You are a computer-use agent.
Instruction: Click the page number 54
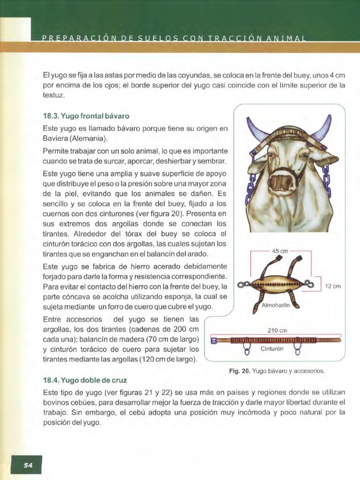pos(28,465)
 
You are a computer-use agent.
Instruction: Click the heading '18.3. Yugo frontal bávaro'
pos(86,115)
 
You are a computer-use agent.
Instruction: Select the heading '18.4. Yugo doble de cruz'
pos(84,380)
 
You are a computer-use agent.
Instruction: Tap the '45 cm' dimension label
pos(280,251)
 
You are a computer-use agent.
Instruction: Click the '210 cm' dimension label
pos(276,330)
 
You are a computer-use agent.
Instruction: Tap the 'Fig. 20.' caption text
pos(240,371)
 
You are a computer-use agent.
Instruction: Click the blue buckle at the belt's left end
pos(214,340)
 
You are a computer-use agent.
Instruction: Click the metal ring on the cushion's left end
pos(242,284)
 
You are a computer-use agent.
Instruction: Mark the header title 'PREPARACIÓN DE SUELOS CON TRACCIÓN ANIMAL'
pos(173,38)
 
